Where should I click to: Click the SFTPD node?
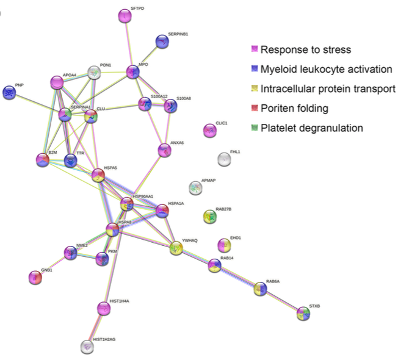(x=125, y=17)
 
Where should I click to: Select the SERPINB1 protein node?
(x=162, y=41)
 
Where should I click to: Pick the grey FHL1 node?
(x=225, y=160)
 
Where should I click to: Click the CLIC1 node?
(x=209, y=130)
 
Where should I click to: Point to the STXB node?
(x=304, y=314)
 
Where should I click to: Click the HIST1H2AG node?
(x=89, y=347)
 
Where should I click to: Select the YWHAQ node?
(x=176, y=248)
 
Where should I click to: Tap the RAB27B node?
(x=210, y=216)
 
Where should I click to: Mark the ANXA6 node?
(x=164, y=149)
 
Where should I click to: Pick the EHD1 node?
(x=225, y=245)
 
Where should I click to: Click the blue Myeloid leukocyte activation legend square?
(x=255, y=69)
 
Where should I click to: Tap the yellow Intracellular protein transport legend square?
(x=255, y=89)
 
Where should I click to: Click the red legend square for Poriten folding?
(x=255, y=109)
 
